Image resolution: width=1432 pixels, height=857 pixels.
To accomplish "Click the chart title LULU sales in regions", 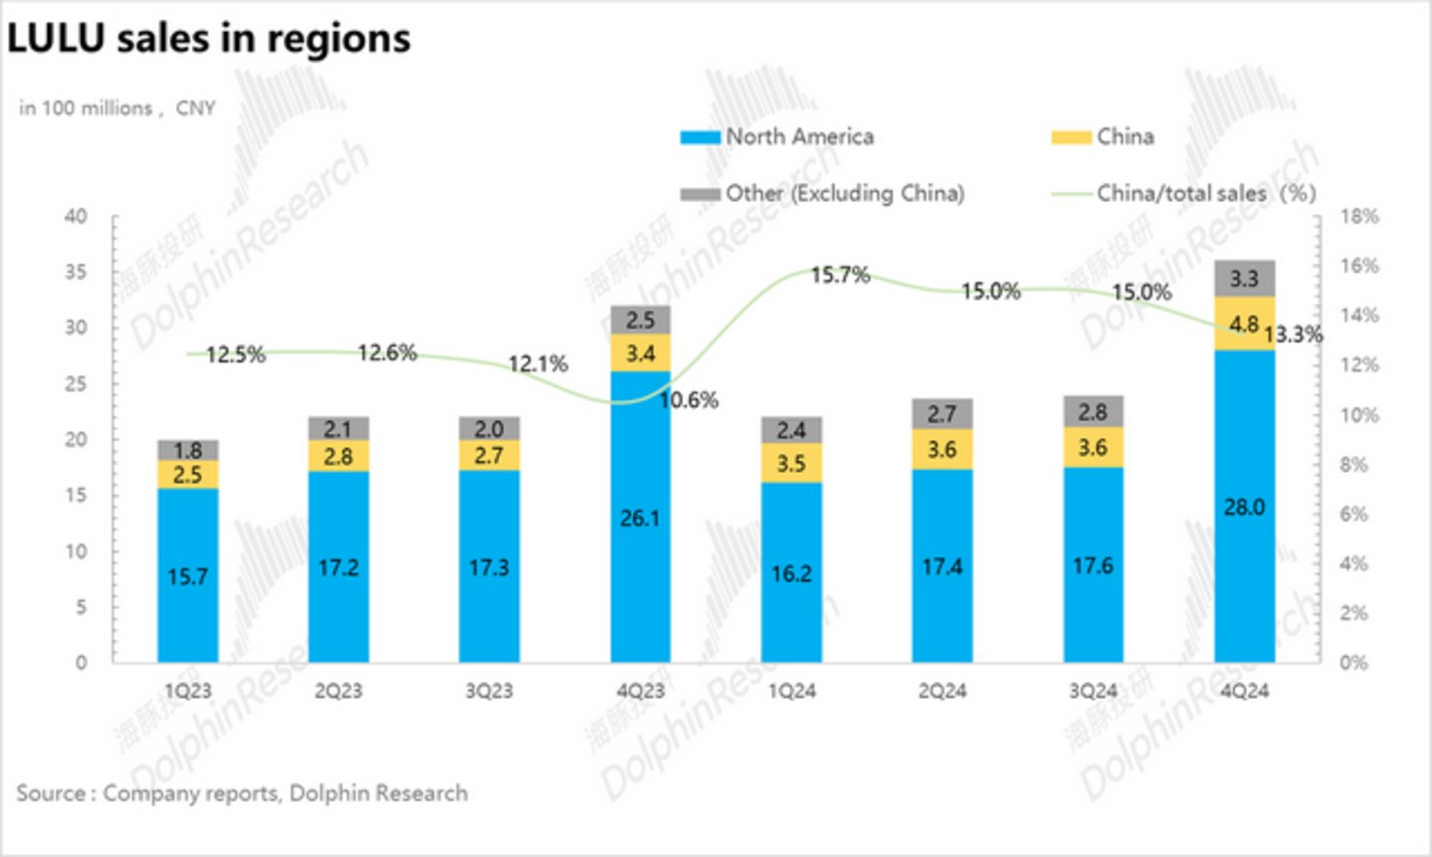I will pyautogui.click(x=209, y=40).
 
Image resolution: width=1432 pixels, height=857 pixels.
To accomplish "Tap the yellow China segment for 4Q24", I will pyautogui.click(x=1244, y=324).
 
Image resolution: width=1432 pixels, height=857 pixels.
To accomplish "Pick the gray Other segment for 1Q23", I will pyautogui.click(x=188, y=451).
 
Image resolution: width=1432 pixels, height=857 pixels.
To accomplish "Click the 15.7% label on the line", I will pyautogui.click(x=840, y=275).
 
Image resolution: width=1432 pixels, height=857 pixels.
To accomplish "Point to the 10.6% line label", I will pyautogui.click(x=689, y=400).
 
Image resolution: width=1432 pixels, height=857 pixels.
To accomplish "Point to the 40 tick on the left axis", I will pyautogui.click(x=77, y=216).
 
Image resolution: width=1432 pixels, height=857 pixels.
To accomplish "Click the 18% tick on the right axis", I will pyautogui.click(x=1359, y=216).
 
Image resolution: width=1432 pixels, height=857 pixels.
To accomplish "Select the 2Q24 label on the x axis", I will pyautogui.click(x=941, y=691).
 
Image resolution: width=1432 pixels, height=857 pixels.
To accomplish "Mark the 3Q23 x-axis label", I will pyautogui.click(x=489, y=691).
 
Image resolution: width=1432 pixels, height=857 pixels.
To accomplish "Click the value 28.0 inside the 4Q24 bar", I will pyautogui.click(x=1244, y=508).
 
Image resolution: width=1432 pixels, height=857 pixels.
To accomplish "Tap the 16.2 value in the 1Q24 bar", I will pyautogui.click(x=791, y=573).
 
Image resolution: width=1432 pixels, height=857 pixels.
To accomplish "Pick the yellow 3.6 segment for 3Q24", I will pyautogui.click(x=1093, y=448).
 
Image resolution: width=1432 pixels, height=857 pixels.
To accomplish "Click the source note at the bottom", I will pyautogui.click(x=242, y=793).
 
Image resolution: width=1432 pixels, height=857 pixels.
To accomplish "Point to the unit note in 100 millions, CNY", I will pyautogui.click(x=116, y=108).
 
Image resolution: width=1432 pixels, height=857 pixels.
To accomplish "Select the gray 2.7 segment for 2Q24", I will pyautogui.click(x=941, y=414).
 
